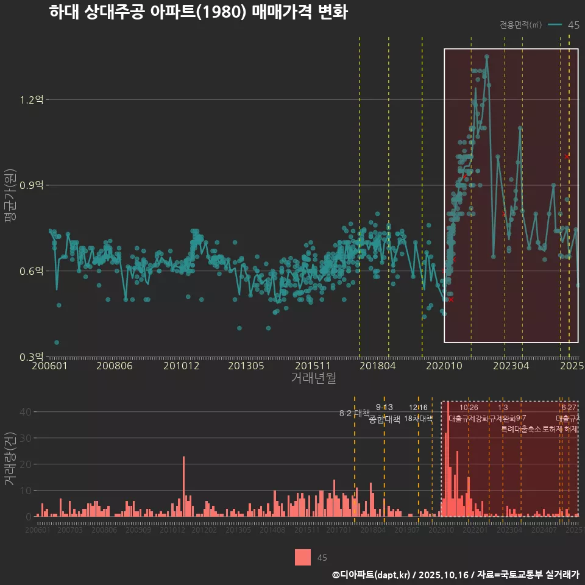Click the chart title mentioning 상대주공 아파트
click(198, 13)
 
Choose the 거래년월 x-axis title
click(313, 378)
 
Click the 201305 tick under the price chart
click(246, 366)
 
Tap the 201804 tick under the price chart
click(377, 366)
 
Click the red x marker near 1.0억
click(567, 157)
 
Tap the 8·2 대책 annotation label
click(355, 413)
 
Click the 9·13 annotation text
click(385, 407)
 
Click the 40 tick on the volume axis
click(24, 412)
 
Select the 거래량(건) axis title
click(10, 459)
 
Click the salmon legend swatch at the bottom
click(303, 557)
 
